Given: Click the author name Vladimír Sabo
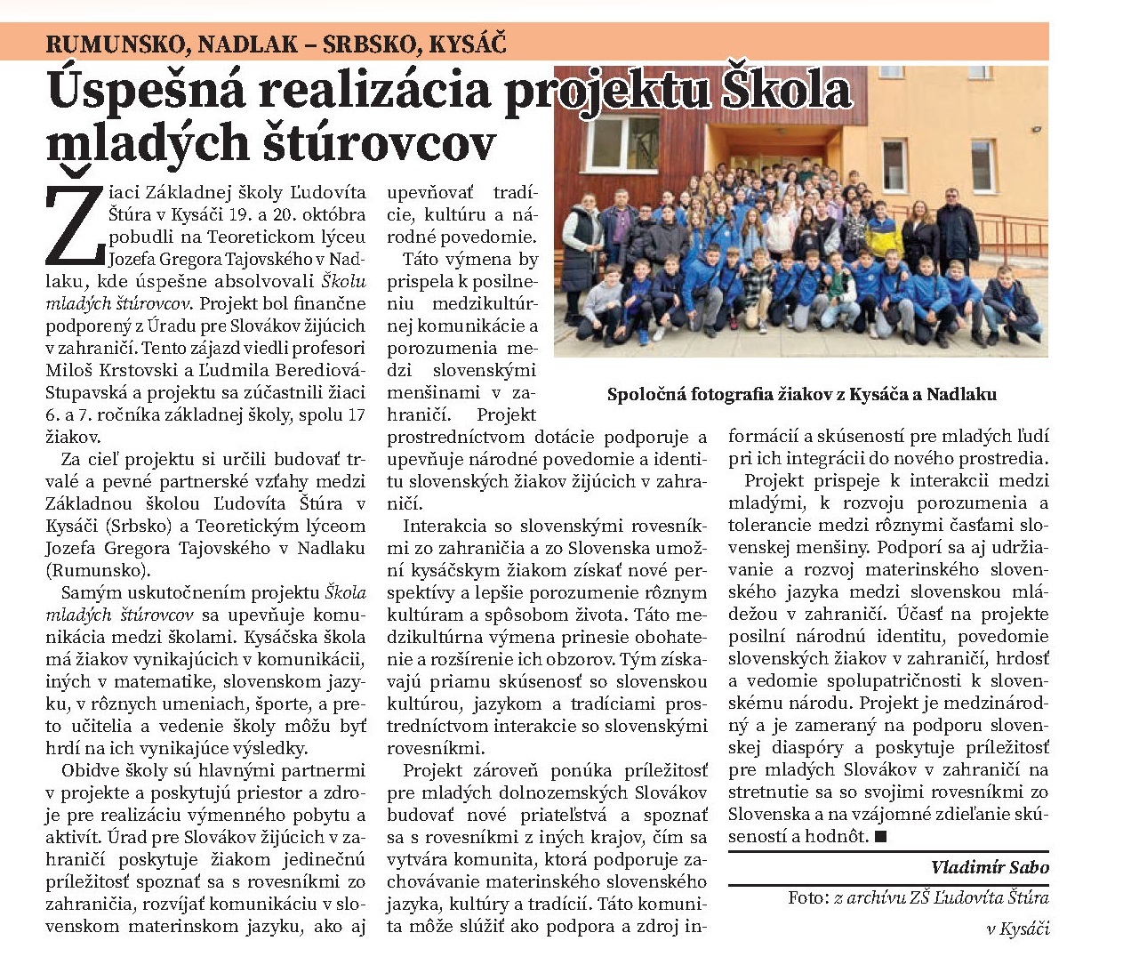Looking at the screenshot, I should click(990, 867).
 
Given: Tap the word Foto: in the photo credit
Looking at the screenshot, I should click(808, 897).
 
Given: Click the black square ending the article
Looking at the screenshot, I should click(880, 836).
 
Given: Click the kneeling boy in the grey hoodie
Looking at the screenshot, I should click(610, 302).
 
